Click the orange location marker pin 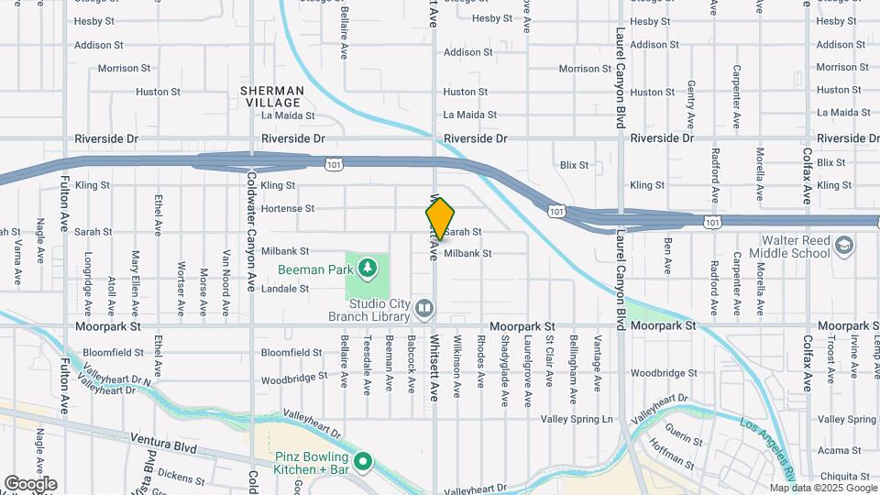[440, 218]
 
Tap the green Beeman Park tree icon [368, 267]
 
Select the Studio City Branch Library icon [423, 308]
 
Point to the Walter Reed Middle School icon [843, 246]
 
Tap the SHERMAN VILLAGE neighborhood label [272, 96]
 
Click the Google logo [30, 483]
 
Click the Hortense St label [287, 209]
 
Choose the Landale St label [285, 289]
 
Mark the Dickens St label [181, 475]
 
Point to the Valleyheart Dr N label [116, 379]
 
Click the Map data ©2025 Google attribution [822, 488]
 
